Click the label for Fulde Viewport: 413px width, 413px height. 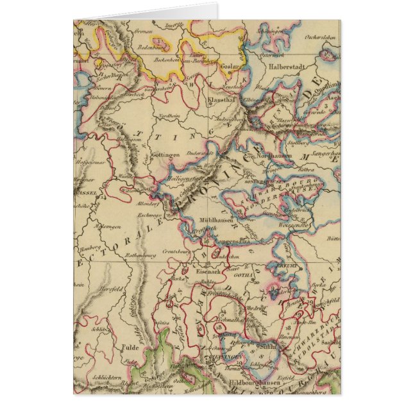click(130, 348)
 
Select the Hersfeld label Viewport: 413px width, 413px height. click(96, 289)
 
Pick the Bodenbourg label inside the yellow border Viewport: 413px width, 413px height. click(152, 47)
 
